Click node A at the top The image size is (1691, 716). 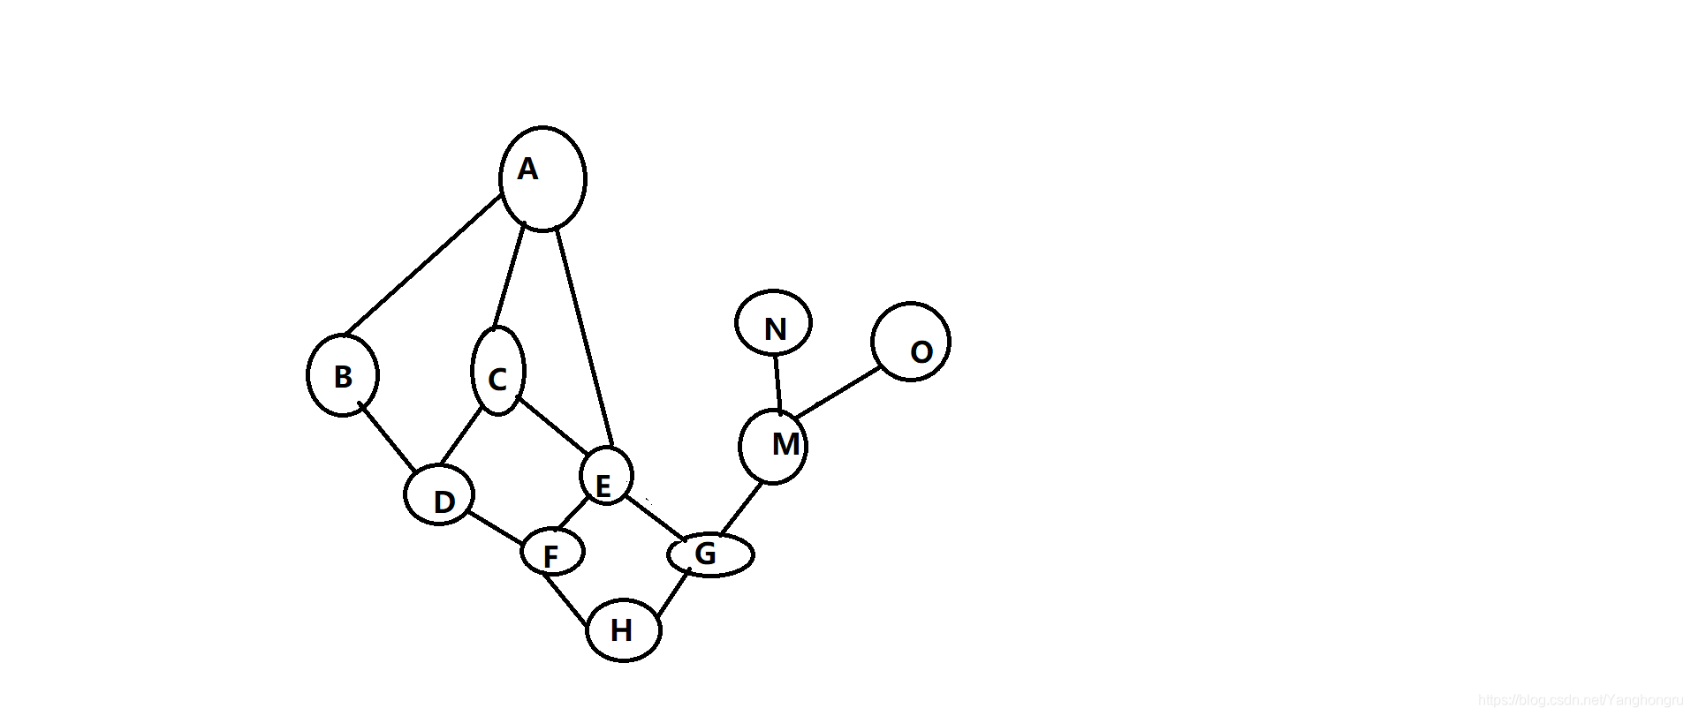pos(542,178)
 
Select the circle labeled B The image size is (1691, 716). pos(343,375)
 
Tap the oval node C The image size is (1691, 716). pos(498,372)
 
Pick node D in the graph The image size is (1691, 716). pos(439,494)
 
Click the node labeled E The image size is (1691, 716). pos(606,476)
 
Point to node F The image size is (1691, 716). pos(552,553)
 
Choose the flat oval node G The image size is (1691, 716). pos(710,555)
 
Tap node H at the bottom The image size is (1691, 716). pos(624,629)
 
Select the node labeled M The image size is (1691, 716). pos(773,447)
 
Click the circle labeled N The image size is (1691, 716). pos(773,323)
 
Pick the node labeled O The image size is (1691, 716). pos(910,342)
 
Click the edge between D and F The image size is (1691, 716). pos(496,528)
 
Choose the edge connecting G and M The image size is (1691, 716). pos(741,509)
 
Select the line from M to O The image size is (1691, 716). pos(837,393)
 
